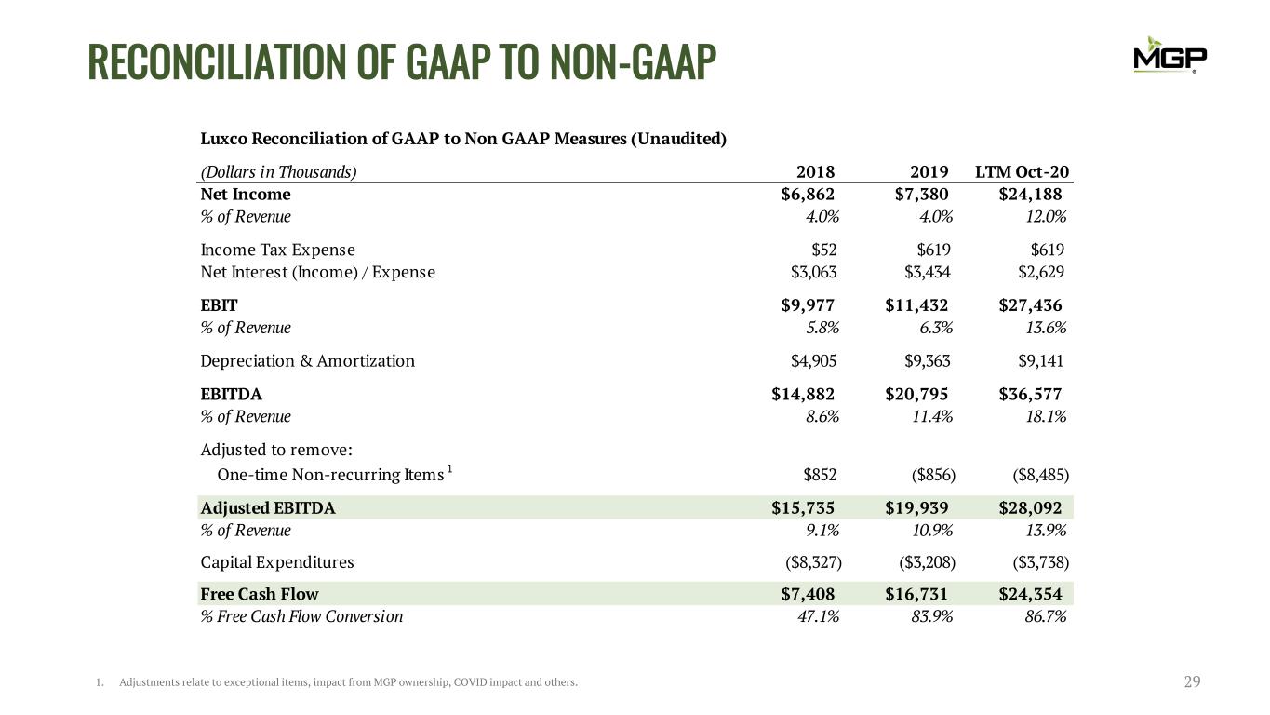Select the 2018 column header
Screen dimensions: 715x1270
816,171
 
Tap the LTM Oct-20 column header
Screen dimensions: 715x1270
1022,171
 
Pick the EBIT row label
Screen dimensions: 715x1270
220,305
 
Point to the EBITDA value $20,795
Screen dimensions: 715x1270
916,394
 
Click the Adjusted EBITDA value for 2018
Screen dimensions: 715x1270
803,507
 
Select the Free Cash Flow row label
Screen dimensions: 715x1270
260,594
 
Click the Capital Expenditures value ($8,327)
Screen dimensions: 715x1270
811,562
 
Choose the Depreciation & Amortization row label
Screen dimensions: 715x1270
308,361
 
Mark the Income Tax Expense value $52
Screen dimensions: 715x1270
823,250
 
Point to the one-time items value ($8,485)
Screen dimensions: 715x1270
1040,475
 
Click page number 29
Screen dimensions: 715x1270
1192,682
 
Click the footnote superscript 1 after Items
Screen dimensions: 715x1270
449,469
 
